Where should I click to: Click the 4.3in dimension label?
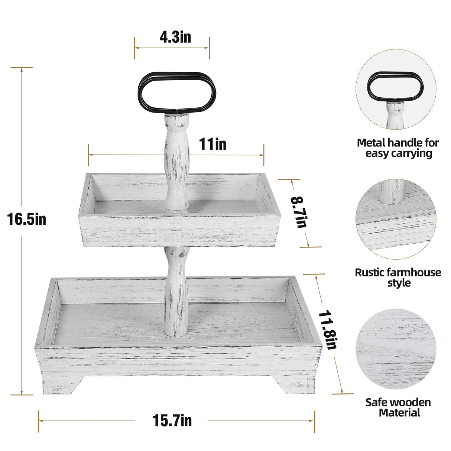coord(175,37)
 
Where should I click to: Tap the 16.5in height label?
coord(26,219)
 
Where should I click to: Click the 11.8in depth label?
coord(327,330)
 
